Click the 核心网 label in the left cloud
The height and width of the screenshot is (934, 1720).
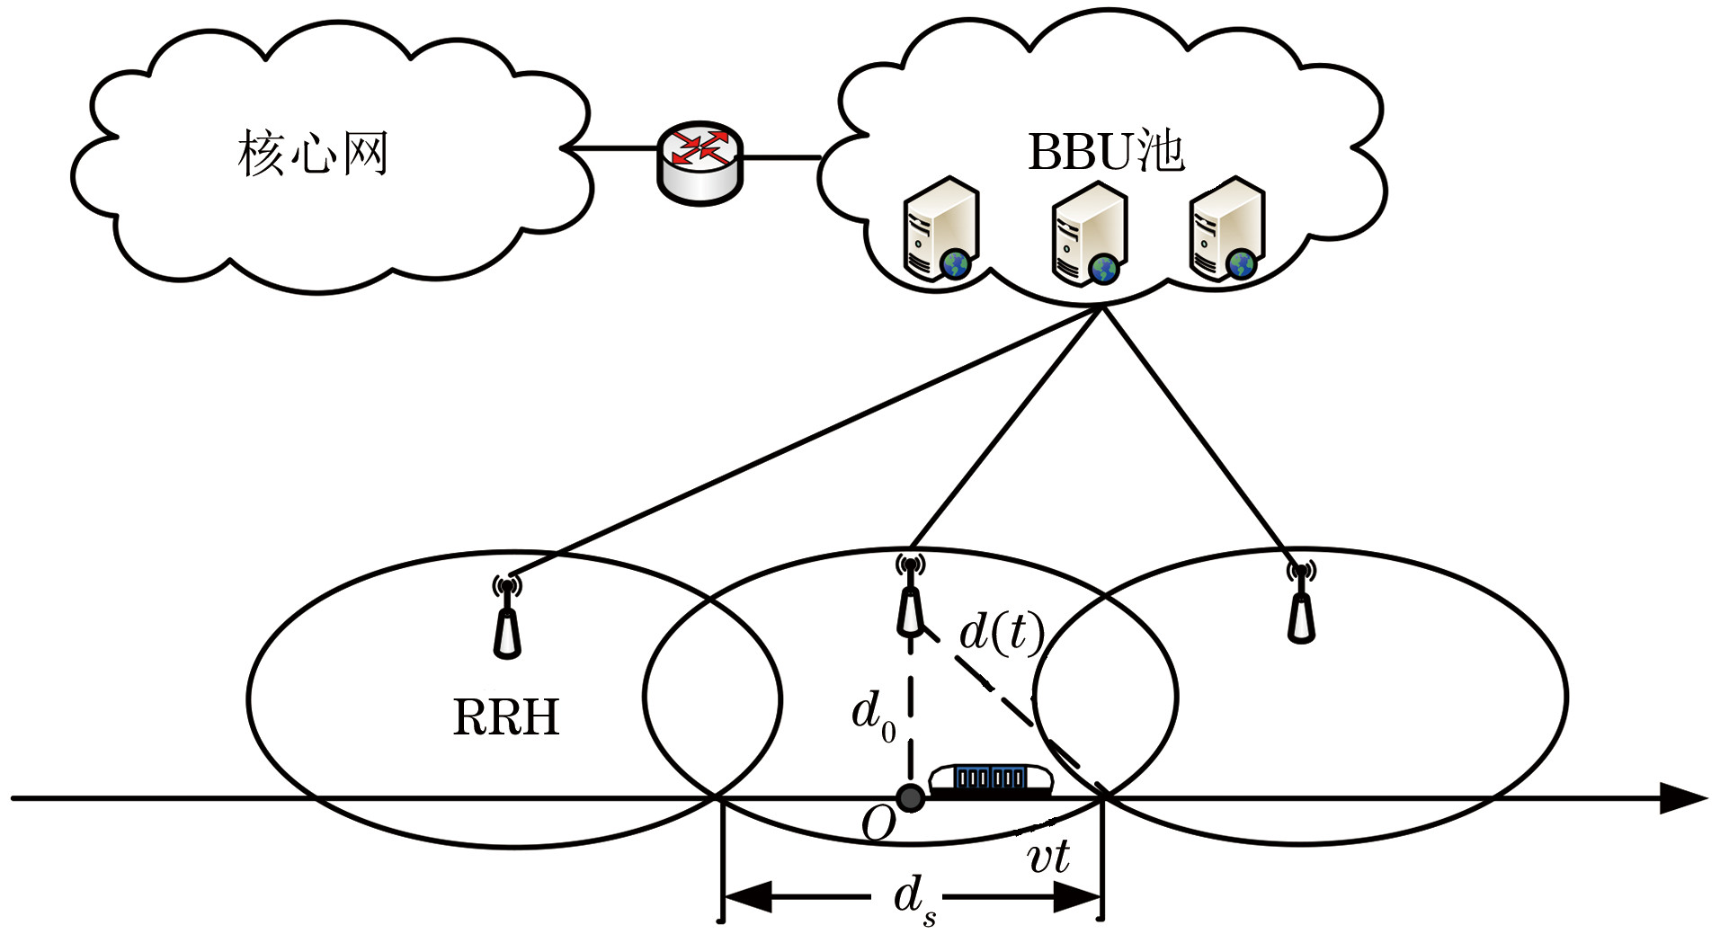coord(313,154)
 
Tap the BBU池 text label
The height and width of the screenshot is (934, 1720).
coord(1106,151)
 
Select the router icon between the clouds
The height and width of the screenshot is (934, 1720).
coord(700,162)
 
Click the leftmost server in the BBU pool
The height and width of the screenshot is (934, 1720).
coord(940,230)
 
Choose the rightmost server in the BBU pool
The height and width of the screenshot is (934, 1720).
coord(1226,230)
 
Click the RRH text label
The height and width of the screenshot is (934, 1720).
coord(506,717)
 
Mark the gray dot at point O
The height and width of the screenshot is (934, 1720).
coord(910,797)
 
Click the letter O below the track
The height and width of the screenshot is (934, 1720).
coord(878,823)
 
